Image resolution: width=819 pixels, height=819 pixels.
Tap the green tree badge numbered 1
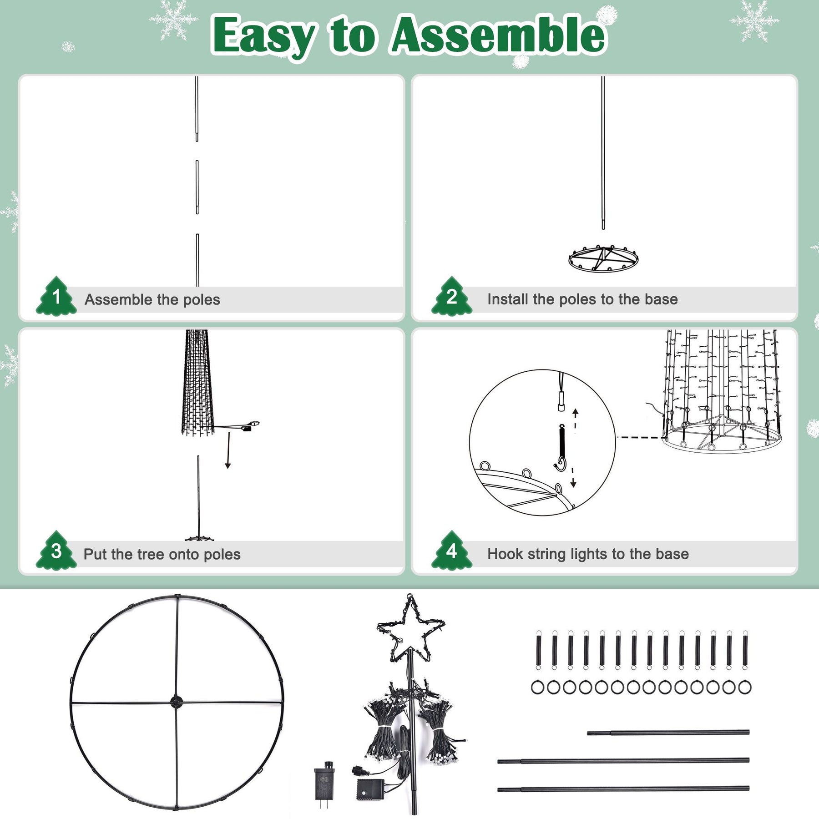56,296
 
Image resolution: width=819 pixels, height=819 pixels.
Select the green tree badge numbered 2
452,296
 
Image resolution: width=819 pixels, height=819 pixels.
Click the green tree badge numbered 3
56,551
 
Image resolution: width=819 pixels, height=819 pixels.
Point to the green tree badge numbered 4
452,551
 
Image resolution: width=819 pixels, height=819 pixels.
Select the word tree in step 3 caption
153,554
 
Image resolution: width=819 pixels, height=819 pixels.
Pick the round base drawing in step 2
603,258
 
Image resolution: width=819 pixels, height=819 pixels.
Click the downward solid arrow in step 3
228,450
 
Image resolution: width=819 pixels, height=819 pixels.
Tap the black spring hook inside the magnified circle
561,448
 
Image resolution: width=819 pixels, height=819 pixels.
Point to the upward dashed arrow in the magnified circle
576,419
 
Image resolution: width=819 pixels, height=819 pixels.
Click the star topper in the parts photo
410,629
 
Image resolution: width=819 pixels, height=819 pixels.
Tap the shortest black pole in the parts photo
668,733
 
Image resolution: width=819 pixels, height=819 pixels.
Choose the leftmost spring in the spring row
539,650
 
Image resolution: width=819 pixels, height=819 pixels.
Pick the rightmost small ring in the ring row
745,688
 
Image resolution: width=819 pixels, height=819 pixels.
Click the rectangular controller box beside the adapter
370,789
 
